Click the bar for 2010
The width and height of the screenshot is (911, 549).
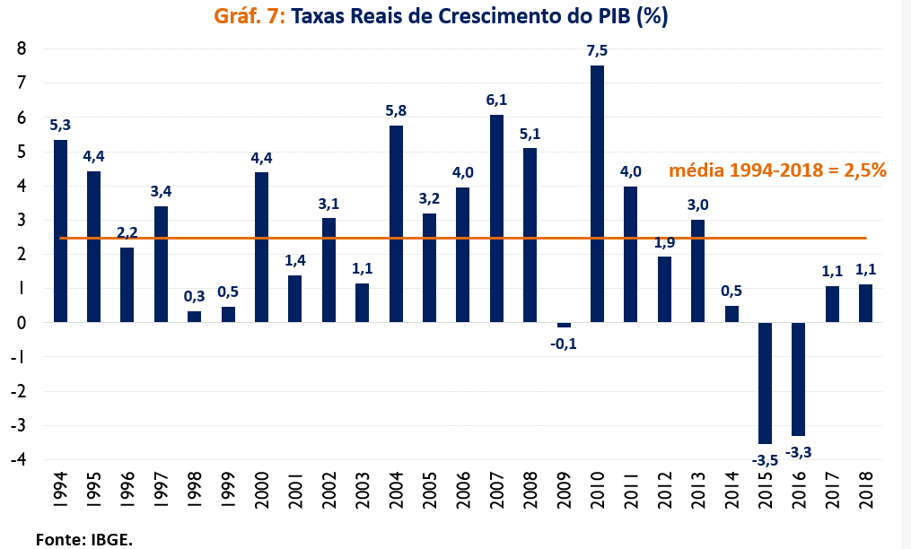[x=597, y=193]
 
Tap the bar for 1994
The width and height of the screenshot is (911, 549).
[x=60, y=231]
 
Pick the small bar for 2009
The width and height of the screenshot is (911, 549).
[x=564, y=325]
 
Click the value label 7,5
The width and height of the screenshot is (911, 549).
[x=597, y=51]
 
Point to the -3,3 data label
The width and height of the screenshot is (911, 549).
[x=799, y=453]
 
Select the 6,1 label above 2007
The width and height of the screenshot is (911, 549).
[x=496, y=100]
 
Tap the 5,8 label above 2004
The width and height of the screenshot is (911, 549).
[x=396, y=110]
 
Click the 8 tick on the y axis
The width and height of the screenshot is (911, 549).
[x=22, y=48]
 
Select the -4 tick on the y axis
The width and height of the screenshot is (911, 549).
[x=20, y=459]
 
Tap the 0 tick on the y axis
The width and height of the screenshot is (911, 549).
[x=22, y=322]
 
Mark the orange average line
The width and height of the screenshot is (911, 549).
[x=449, y=238]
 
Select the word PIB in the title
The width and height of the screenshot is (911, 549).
[x=611, y=17]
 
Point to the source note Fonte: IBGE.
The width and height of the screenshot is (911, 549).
[x=83, y=538]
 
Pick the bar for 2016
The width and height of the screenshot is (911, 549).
[x=799, y=379]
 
